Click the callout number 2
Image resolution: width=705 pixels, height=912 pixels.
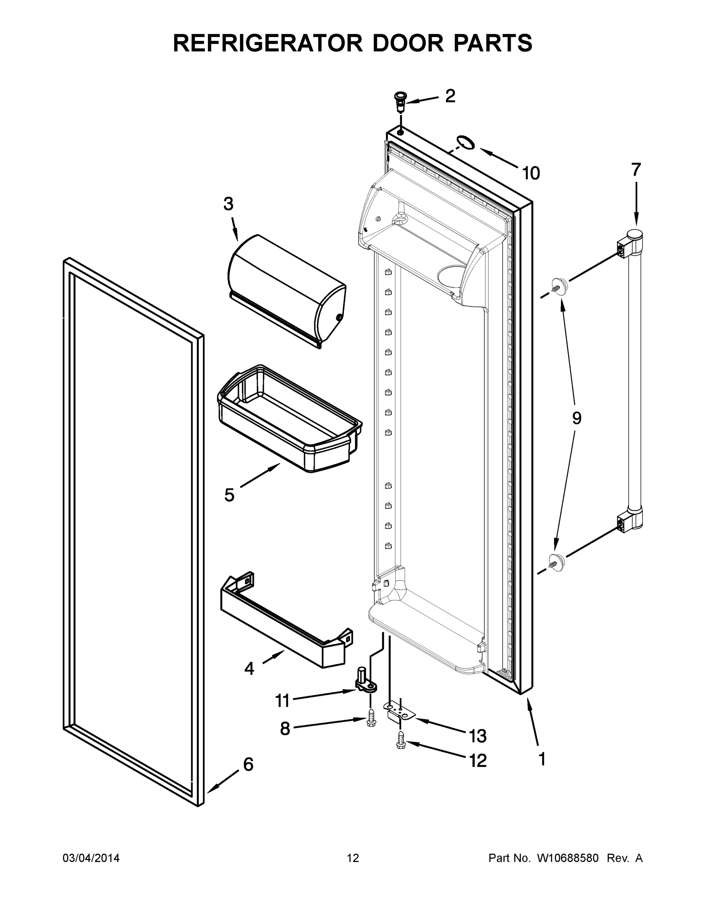[450, 97]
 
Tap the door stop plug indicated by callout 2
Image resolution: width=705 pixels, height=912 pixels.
[400, 101]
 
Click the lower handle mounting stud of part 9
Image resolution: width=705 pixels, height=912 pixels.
[556, 560]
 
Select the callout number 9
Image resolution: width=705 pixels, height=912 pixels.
[577, 418]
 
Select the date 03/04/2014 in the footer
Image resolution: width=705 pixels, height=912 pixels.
[91, 858]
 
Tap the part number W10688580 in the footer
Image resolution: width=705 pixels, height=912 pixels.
[567, 858]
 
